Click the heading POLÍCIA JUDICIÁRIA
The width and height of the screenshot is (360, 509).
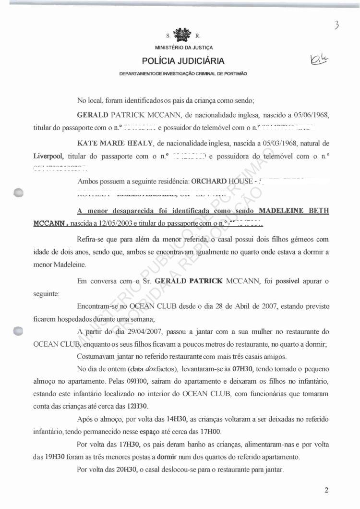tap(183, 61)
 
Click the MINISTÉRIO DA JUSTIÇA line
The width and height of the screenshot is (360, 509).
tap(183, 48)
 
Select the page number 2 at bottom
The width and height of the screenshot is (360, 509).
tap(326, 490)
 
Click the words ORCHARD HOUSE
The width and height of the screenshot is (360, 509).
tap(220, 182)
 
